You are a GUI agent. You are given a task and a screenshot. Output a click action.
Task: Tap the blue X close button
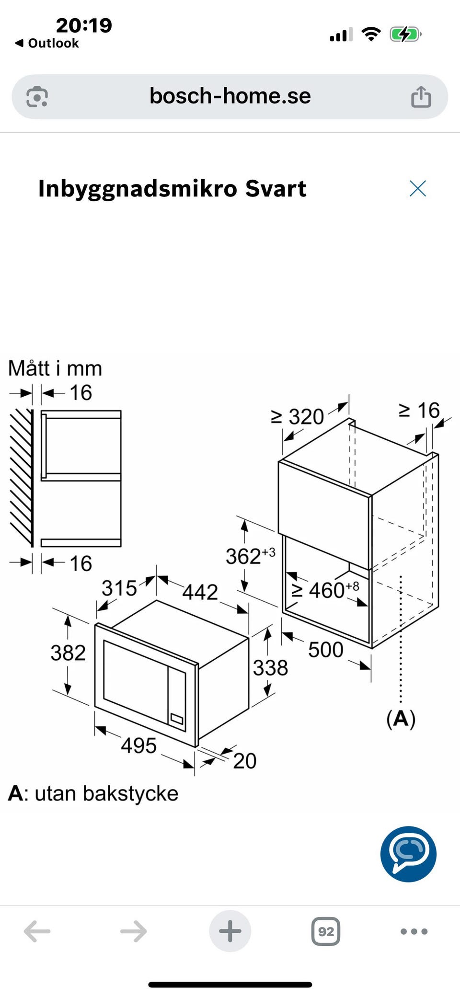click(x=418, y=188)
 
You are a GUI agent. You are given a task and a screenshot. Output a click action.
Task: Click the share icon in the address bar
click(x=421, y=96)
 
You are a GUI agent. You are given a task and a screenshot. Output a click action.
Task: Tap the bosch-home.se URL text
click(x=230, y=96)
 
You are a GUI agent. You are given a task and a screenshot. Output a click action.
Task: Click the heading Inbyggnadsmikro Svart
click(x=172, y=188)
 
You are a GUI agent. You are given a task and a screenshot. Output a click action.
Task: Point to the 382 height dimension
click(x=68, y=653)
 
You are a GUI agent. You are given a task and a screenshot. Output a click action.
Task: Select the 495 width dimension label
click(x=138, y=745)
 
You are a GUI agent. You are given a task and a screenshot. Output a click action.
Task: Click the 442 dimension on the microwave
click(x=200, y=592)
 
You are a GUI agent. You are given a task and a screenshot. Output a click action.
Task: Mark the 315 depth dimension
click(x=119, y=588)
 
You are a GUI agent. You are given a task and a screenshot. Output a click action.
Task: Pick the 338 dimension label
click(x=270, y=667)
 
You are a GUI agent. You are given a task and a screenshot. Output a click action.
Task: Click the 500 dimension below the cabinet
click(x=326, y=650)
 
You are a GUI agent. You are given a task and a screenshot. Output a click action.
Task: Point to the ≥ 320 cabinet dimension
click(x=298, y=416)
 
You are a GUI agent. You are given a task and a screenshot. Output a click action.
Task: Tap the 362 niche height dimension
click(x=251, y=556)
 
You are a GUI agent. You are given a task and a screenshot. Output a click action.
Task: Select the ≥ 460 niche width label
click(x=325, y=590)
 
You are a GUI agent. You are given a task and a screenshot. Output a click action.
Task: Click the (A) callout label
click(x=401, y=719)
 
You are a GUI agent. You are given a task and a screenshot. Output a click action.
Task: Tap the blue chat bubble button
click(x=408, y=854)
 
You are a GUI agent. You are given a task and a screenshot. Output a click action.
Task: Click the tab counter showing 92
click(x=326, y=931)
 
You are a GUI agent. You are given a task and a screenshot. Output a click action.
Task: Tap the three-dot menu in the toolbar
click(x=414, y=931)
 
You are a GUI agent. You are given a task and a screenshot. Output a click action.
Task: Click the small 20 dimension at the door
click(x=245, y=761)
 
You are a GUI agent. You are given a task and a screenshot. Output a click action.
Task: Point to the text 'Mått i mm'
click(x=55, y=368)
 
